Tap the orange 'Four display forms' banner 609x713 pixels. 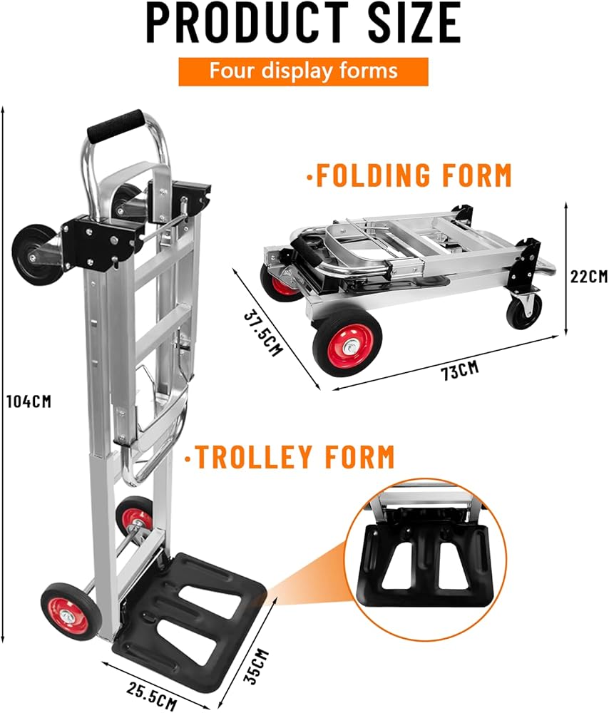click(303, 72)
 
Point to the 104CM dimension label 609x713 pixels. click(28, 401)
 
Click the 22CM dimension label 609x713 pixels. click(588, 277)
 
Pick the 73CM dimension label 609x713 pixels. click(458, 370)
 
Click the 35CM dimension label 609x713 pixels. click(256, 666)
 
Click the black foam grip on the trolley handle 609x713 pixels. click(114, 125)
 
